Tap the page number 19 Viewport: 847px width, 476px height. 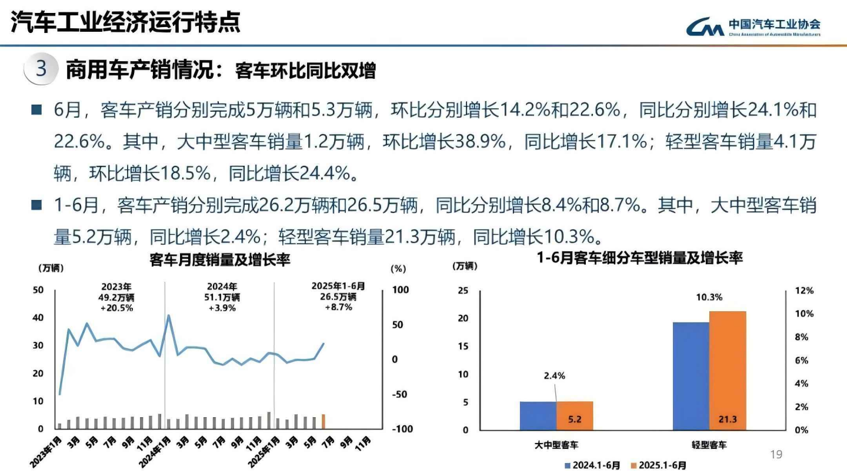pyautogui.click(x=776, y=454)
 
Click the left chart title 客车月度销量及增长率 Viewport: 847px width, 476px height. pyautogui.click(x=220, y=259)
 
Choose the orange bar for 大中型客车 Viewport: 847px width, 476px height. pyautogui.click(x=575, y=415)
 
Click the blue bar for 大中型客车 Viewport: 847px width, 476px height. pyautogui.click(x=538, y=415)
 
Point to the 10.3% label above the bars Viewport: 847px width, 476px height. pyautogui.click(x=709, y=297)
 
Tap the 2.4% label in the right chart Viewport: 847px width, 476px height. pyautogui.click(x=554, y=375)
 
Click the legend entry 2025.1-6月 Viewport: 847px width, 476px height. pyautogui.click(x=658, y=465)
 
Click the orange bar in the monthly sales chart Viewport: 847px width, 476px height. pyautogui.click(x=323, y=422)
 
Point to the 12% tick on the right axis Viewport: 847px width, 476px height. pyautogui.click(x=805, y=291)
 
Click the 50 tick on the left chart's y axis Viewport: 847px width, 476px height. pyautogui.click(x=39, y=289)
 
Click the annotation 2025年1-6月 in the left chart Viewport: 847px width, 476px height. pyautogui.click(x=338, y=287)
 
